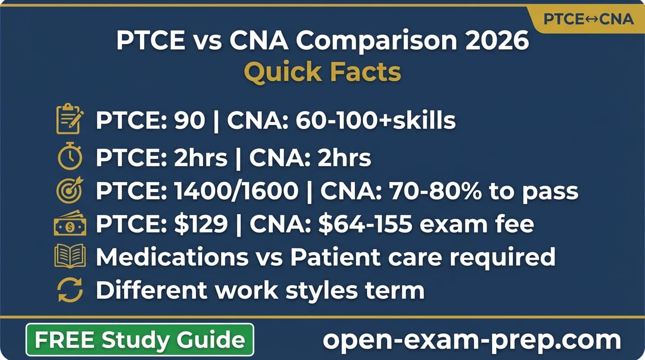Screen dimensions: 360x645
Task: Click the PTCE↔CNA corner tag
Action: pyautogui.click(x=588, y=19)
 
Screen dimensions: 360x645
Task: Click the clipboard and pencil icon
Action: pyautogui.click(x=70, y=120)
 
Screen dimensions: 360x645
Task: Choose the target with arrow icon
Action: pyautogui.click(x=70, y=191)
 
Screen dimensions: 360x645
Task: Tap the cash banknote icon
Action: pyautogui.click(x=70, y=225)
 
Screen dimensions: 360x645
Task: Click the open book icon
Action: pyautogui.click(x=70, y=256)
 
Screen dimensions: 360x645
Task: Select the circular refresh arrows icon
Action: pyautogui.click(x=70, y=290)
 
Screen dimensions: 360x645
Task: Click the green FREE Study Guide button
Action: pyautogui.click(x=140, y=339)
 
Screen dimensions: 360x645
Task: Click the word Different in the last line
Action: pyautogui.click(x=151, y=291)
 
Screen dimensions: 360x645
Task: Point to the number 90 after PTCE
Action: pyautogui.click(x=189, y=120)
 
